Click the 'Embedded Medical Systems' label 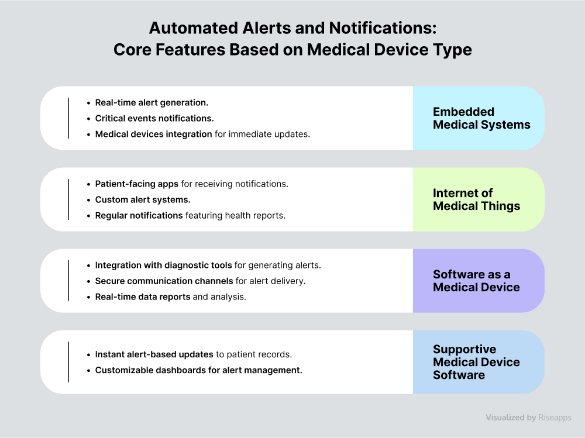tap(481, 118)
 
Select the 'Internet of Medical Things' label tap(476, 199)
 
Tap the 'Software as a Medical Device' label tap(476, 281)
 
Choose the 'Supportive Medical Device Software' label tap(476, 362)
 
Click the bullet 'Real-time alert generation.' tap(152, 102)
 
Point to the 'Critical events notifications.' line tap(154, 118)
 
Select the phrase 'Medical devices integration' tap(153, 134)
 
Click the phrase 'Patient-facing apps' tap(136, 184)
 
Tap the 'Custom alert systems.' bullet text tap(143, 199)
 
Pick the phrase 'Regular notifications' tap(139, 215)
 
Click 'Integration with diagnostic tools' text tap(163, 265)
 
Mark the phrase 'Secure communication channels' tap(164, 281)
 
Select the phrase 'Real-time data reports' tap(143, 296)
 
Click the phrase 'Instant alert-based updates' tap(154, 354)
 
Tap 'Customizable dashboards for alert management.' tap(198, 370)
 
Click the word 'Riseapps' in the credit tap(555, 418)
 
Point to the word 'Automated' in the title tap(194, 28)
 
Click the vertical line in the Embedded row tap(68, 118)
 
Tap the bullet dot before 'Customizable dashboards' tap(88, 371)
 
